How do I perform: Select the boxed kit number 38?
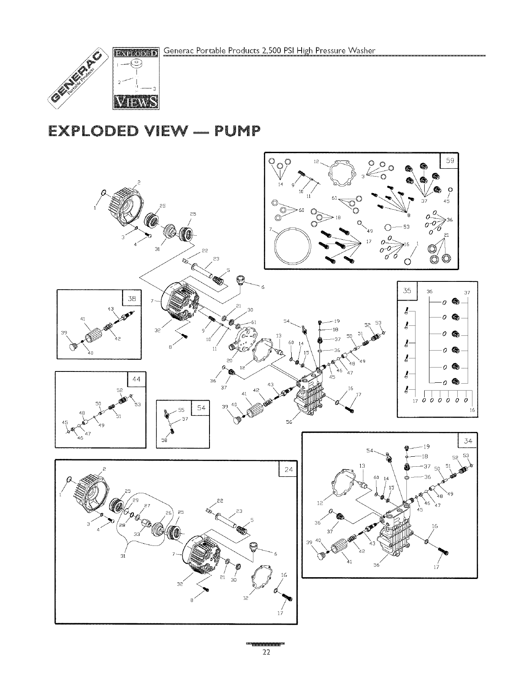click(x=131, y=298)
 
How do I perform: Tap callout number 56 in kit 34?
click(x=377, y=565)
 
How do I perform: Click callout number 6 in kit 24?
click(x=275, y=554)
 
